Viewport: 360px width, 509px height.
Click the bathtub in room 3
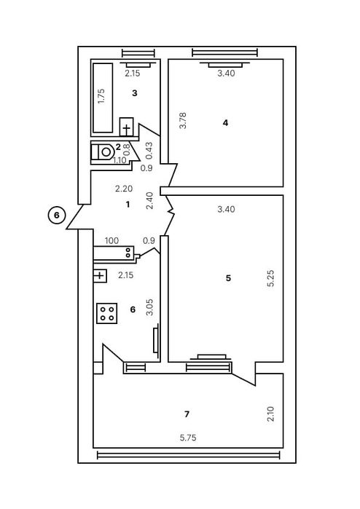[x=102, y=98]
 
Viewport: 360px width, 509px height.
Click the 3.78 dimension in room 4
[x=182, y=120]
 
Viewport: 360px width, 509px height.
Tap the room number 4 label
[x=226, y=122]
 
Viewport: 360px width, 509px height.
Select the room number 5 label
[x=228, y=278]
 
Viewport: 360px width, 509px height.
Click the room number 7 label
[x=187, y=414]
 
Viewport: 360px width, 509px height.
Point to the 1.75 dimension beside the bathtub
[x=101, y=98]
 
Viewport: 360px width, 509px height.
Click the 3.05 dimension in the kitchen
[x=149, y=306]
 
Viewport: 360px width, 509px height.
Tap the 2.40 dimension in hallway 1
[x=150, y=200]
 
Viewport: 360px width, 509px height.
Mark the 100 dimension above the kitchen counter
[x=111, y=240]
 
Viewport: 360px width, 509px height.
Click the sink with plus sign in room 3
[x=127, y=128]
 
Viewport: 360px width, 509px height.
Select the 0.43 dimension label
[x=149, y=150]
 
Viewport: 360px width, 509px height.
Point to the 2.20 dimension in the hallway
[x=125, y=189]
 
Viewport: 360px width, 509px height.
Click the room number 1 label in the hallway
[x=128, y=205]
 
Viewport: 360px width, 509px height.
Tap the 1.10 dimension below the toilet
[x=120, y=160]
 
